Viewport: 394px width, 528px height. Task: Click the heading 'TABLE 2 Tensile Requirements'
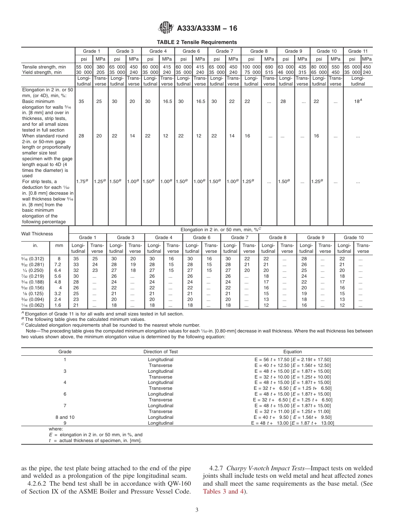197,42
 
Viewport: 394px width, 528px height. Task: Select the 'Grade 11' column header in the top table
358,51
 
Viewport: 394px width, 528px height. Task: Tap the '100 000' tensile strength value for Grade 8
251,66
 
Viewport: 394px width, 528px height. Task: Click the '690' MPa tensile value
269,66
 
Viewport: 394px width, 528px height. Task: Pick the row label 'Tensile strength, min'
44,66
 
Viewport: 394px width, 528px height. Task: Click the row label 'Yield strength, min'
41,72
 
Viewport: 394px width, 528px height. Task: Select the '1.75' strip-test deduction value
81,181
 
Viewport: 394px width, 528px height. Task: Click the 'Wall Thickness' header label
37,234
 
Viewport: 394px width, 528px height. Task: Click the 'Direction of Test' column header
161,352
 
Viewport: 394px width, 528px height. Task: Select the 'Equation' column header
292,352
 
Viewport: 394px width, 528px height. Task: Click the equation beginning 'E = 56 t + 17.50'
292,359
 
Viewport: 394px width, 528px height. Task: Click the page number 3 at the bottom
197,510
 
